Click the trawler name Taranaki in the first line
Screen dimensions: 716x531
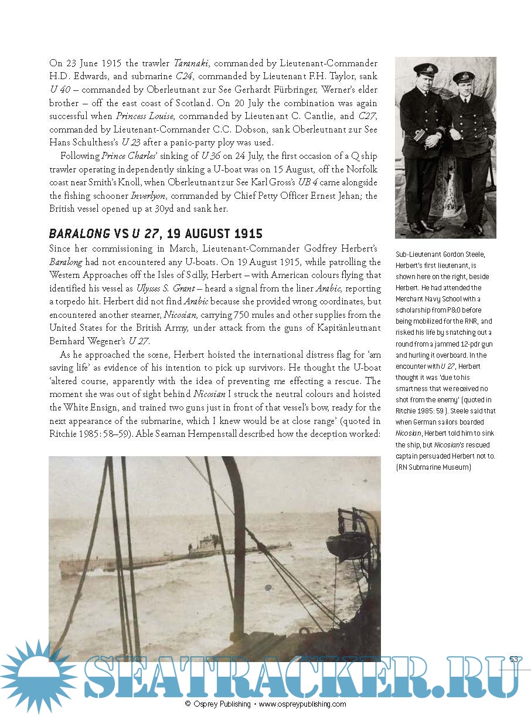190,63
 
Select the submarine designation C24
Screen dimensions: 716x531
184,76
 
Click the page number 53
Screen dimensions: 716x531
514,659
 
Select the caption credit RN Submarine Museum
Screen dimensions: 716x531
434,467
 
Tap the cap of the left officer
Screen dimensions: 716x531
426,69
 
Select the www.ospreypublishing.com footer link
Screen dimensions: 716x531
302,704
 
